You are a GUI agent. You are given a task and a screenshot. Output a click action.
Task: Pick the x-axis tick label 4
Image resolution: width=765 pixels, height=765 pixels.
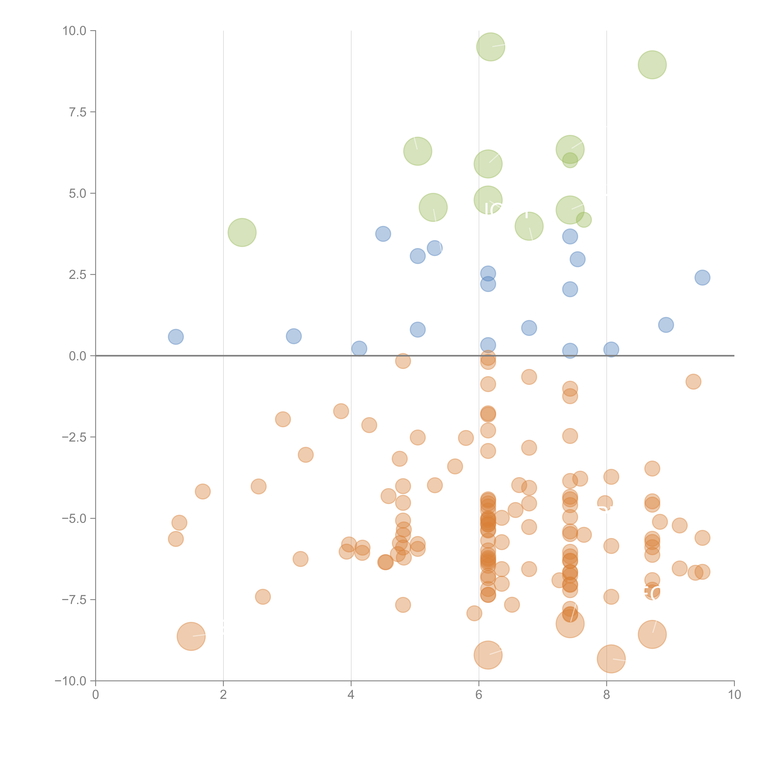(x=351, y=695)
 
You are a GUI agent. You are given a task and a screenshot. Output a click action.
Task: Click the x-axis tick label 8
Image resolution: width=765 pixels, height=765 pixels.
(x=607, y=695)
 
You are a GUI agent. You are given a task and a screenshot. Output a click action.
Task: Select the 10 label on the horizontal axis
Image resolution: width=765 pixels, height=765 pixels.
(x=734, y=695)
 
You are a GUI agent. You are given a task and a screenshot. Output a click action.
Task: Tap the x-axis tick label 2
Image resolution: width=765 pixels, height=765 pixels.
(x=223, y=695)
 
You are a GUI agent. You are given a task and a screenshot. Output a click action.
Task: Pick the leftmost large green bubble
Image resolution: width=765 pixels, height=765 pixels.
(x=242, y=232)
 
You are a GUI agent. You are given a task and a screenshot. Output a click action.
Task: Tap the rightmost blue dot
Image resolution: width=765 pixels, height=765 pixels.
(x=702, y=278)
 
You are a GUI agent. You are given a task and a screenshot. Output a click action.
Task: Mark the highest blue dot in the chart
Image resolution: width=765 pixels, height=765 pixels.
(x=383, y=234)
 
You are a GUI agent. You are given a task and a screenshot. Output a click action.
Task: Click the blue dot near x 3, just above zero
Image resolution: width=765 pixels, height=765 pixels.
(x=293, y=336)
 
